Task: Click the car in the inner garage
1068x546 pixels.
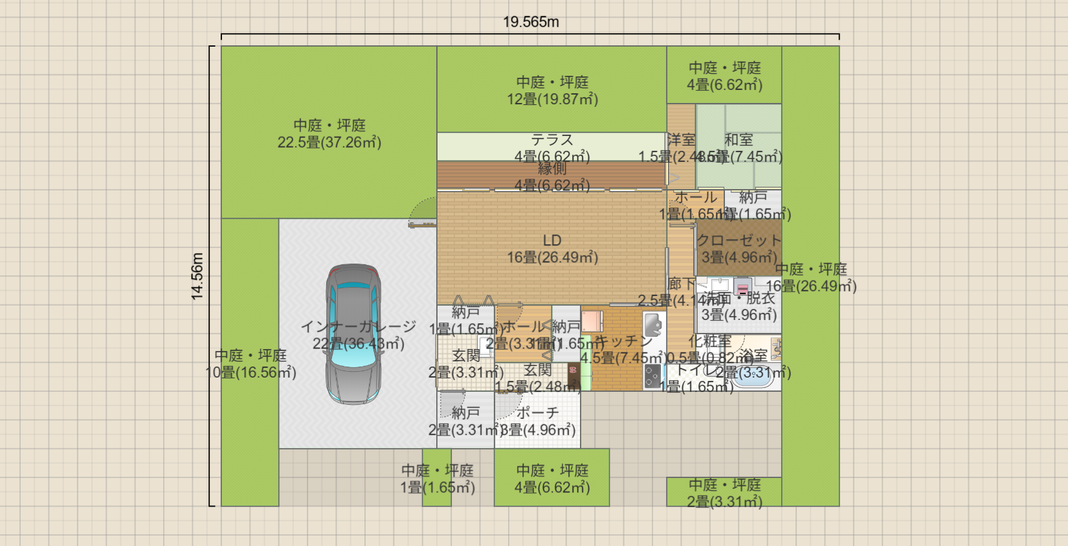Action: point(353,334)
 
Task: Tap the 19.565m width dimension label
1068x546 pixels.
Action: point(531,22)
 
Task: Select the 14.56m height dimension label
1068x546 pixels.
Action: point(197,276)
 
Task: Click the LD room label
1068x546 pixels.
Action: point(552,241)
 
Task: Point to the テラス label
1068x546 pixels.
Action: point(552,140)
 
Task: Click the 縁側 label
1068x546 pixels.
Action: point(552,169)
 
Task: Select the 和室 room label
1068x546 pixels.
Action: point(739,140)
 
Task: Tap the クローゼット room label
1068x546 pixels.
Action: point(739,240)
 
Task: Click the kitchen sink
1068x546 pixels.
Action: point(653,324)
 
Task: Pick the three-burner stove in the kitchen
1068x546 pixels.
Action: point(652,376)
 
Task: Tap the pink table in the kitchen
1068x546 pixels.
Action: point(592,322)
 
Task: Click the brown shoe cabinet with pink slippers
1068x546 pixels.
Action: point(573,375)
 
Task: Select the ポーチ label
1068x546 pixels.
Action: point(537,413)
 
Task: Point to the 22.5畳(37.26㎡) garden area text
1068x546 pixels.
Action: point(329,142)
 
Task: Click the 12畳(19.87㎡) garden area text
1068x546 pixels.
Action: point(552,99)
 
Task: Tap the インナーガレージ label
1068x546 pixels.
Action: point(358,326)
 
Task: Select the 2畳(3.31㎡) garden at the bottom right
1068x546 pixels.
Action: point(724,501)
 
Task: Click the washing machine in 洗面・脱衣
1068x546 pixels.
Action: point(743,288)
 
